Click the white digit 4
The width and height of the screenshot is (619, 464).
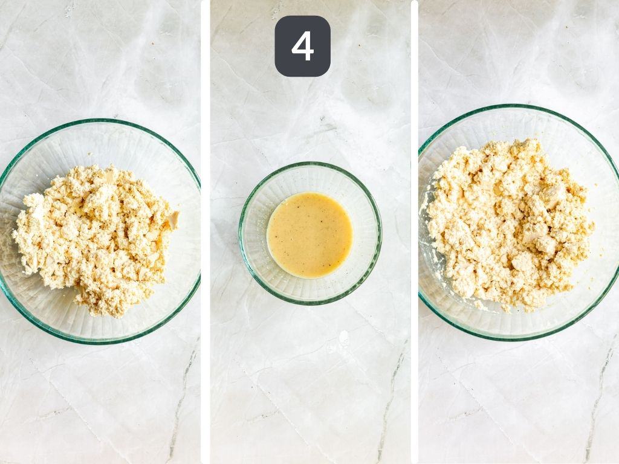click(x=302, y=47)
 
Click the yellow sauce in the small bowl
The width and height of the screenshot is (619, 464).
click(x=309, y=235)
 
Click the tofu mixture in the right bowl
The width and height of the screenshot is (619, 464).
click(x=508, y=224)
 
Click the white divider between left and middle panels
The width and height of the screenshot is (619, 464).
click(x=206, y=232)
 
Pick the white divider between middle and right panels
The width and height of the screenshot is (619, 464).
click(x=414, y=232)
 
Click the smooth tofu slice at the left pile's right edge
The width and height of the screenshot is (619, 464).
click(x=173, y=221)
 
